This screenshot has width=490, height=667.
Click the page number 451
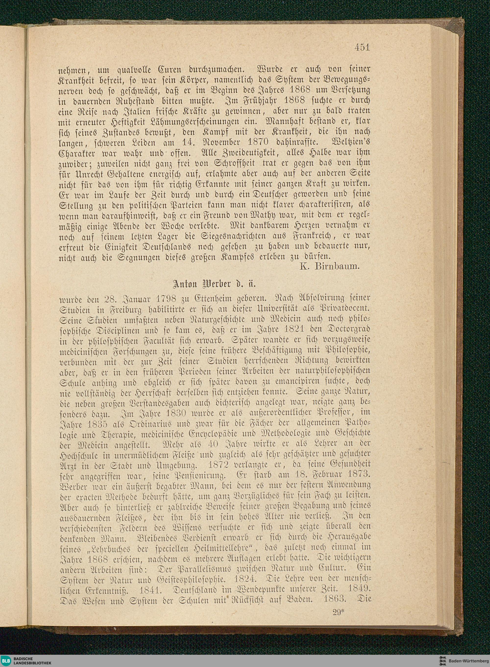click(x=362, y=48)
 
